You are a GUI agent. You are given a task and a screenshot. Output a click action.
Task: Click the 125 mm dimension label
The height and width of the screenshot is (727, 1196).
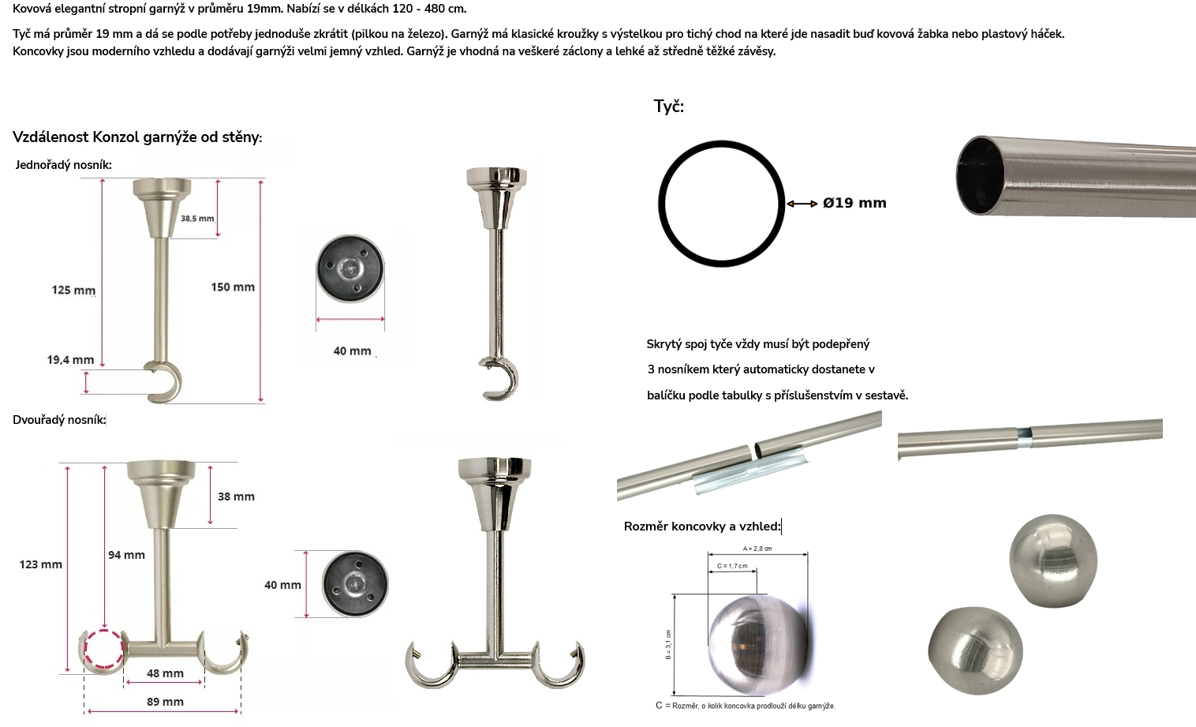pos(73,290)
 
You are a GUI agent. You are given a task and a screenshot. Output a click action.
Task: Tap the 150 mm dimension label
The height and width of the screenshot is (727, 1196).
pos(233,287)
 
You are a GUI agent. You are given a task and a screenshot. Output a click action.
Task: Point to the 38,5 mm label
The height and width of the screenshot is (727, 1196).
pos(197,219)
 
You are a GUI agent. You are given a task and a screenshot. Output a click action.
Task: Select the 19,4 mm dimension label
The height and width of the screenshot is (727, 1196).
pos(70,360)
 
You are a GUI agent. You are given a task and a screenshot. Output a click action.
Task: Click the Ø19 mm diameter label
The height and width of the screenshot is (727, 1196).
pos(854,203)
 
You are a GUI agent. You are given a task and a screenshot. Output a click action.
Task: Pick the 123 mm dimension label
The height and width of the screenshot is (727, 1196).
pos(40,564)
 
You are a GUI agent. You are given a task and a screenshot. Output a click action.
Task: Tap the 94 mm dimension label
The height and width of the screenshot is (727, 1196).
pos(126,555)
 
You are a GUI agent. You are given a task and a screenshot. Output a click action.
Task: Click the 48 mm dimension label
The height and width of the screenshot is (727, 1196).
pos(165,673)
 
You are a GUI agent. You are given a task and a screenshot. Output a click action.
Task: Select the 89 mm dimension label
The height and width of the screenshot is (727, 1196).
pos(165,702)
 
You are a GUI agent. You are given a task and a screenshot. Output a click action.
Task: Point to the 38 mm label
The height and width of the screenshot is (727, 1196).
pos(236,497)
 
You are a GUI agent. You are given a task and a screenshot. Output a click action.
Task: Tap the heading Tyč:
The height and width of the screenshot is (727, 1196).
pos(669,107)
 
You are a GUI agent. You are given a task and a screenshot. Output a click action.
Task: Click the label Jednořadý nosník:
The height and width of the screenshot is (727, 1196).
pos(64,164)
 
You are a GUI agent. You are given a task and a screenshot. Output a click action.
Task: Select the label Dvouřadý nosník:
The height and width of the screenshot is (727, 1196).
pos(59,420)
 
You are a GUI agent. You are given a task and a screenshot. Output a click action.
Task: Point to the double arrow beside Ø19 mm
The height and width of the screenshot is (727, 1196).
pos(802,204)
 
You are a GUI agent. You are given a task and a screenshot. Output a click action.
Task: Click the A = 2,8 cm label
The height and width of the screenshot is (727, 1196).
pos(757,549)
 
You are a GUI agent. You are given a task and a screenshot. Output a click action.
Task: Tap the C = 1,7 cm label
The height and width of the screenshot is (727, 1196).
pos(732,566)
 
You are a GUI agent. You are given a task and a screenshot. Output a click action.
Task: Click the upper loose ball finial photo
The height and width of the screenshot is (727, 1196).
pos(1053,561)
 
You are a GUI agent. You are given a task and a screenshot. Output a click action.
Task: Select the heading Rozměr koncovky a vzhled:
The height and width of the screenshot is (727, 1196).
pos(702,527)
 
